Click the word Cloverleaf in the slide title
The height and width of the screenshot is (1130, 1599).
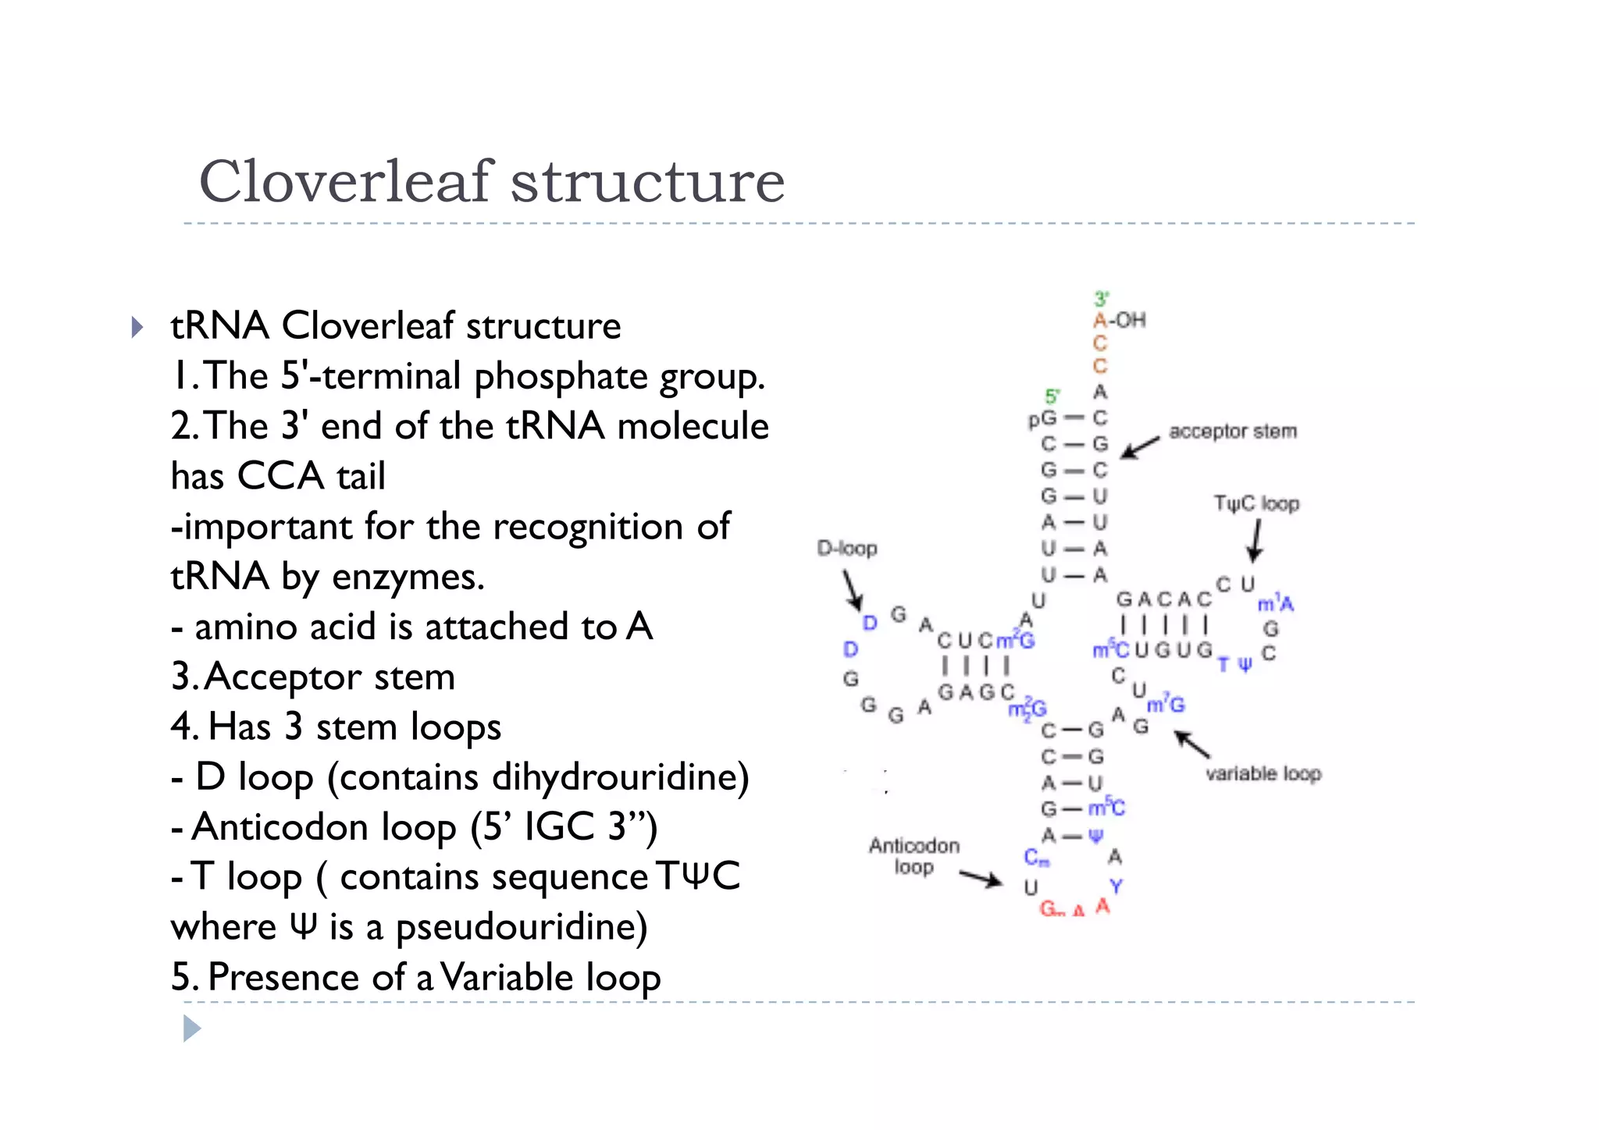pyautogui.click(x=347, y=182)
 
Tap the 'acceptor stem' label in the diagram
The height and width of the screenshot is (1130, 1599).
pyautogui.click(x=1232, y=432)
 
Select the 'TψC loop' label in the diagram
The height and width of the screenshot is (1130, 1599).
pyautogui.click(x=1255, y=503)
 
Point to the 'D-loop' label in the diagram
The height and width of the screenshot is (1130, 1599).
pyautogui.click(x=847, y=549)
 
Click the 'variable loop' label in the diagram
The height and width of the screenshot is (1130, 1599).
pyautogui.click(x=1262, y=773)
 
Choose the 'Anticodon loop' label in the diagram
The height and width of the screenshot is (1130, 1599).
pyautogui.click(x=913, y=856)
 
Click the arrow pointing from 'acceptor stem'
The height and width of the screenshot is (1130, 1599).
pyautogui.click(x=1139, y=447)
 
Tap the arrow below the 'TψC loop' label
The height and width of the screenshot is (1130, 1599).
pyautogui.click(x=1255, y=541)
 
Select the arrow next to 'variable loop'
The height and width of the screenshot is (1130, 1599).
pyautogui.click(x=1192, y=744)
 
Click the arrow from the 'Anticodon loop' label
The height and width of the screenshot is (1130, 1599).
pyautogui.click(x=981, y=879)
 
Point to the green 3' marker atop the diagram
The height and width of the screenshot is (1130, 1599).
pyautogui.click(x=1101, y=298)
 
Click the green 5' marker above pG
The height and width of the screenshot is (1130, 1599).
pyautogui.click(x=1052, y=396)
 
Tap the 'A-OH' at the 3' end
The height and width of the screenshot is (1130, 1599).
pyautogui.click(x=1119, y=320)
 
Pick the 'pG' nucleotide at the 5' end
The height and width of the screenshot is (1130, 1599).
pyautogui.click(x=1042, y=419)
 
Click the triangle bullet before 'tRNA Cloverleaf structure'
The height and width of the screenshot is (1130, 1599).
pyautogui.click(x=137, y=327)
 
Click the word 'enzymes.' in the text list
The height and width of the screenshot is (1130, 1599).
pyautogui.click(x=408, y=577)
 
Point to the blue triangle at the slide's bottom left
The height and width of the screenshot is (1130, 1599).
pyautogui.click(x=192, y=1029)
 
